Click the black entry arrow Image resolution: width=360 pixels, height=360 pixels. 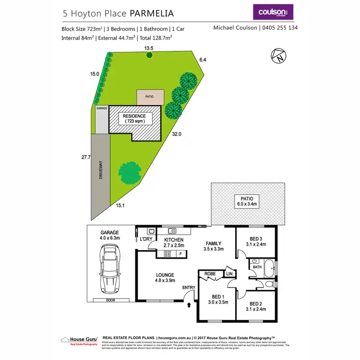(x=188, y=304)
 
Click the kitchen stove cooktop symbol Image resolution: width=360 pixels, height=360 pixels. (x=167, y=253)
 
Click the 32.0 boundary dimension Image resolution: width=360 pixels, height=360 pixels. (x=177, y=134)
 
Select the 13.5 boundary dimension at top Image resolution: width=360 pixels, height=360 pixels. (x=149, y=48)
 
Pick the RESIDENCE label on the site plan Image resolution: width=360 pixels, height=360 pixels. (x=134, y=119)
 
